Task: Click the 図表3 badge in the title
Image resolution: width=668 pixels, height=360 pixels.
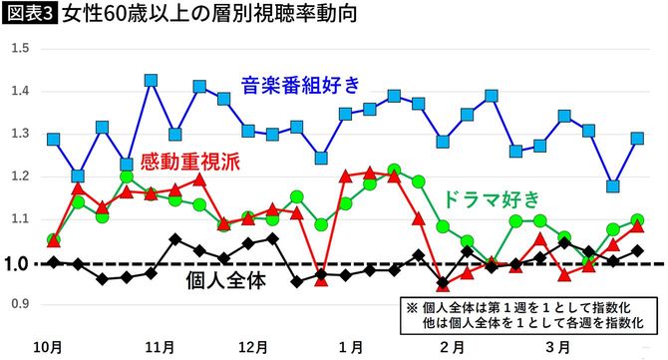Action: [29, 15]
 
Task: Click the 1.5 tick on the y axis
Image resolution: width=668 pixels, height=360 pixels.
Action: [17, 49]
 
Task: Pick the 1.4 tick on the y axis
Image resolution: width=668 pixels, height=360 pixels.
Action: [17, 92]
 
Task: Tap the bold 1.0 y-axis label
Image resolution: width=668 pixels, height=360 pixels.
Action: [17, 263]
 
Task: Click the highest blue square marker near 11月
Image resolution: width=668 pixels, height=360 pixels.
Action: [151, 81]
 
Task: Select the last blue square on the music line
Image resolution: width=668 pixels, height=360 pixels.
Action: [638, 139]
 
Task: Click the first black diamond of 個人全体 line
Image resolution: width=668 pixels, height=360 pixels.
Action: [54, 261]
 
